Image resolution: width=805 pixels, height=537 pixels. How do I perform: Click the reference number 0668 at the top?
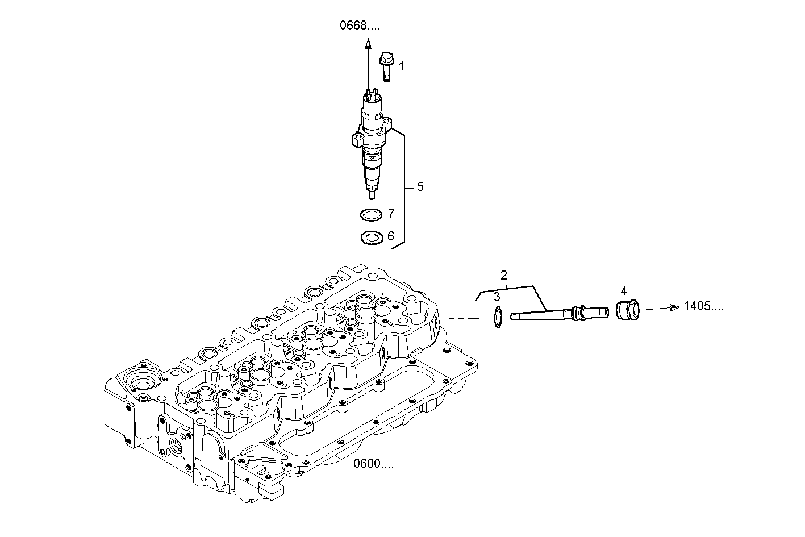[360, 25]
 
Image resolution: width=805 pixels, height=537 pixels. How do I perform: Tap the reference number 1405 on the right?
[703, 306]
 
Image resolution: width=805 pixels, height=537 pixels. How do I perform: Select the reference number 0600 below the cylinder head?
[373, 464]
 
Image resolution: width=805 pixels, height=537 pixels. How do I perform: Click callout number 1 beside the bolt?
[401, 66]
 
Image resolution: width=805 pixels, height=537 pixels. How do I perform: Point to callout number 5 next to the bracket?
[420, 186]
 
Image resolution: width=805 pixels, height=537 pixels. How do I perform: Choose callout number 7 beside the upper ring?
[391, 214]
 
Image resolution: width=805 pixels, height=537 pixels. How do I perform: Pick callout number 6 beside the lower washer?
[390, 236]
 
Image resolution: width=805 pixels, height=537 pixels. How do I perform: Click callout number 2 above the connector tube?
[503, 276]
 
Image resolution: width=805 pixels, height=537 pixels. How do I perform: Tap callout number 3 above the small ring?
[497, 296]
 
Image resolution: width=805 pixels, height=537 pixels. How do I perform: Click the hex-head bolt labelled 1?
[385, 66]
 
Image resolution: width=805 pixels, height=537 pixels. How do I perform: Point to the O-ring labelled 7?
[370, 215]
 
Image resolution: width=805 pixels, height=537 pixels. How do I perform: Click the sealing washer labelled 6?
[370, 237]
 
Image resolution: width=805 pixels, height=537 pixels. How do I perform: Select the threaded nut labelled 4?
[627, 311]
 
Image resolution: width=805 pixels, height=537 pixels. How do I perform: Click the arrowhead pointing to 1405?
[674, 307]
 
